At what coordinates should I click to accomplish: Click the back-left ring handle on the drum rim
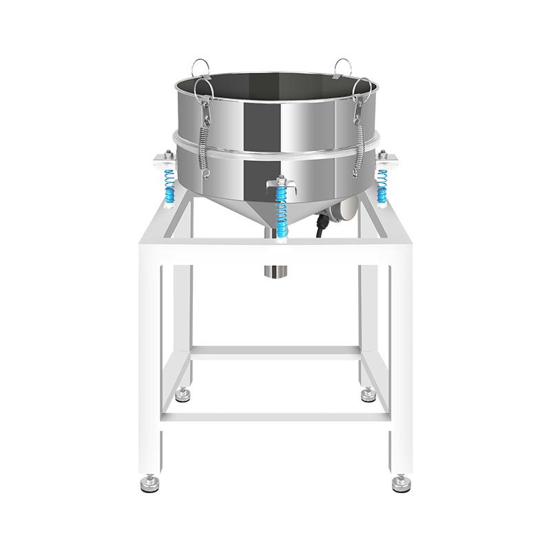point(200,67)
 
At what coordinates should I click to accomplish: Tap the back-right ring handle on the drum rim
point(342,67)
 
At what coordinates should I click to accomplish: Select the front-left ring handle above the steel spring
point(202,89)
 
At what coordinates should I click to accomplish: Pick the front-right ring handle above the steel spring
point(363,89)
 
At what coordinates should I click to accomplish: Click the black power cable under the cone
point(321,227)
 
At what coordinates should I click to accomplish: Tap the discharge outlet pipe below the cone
point(275,269)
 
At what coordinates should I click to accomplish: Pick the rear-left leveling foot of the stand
point(183,395)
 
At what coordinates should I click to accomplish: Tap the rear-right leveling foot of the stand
point(368,395)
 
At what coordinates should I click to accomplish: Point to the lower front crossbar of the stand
point(275,417)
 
